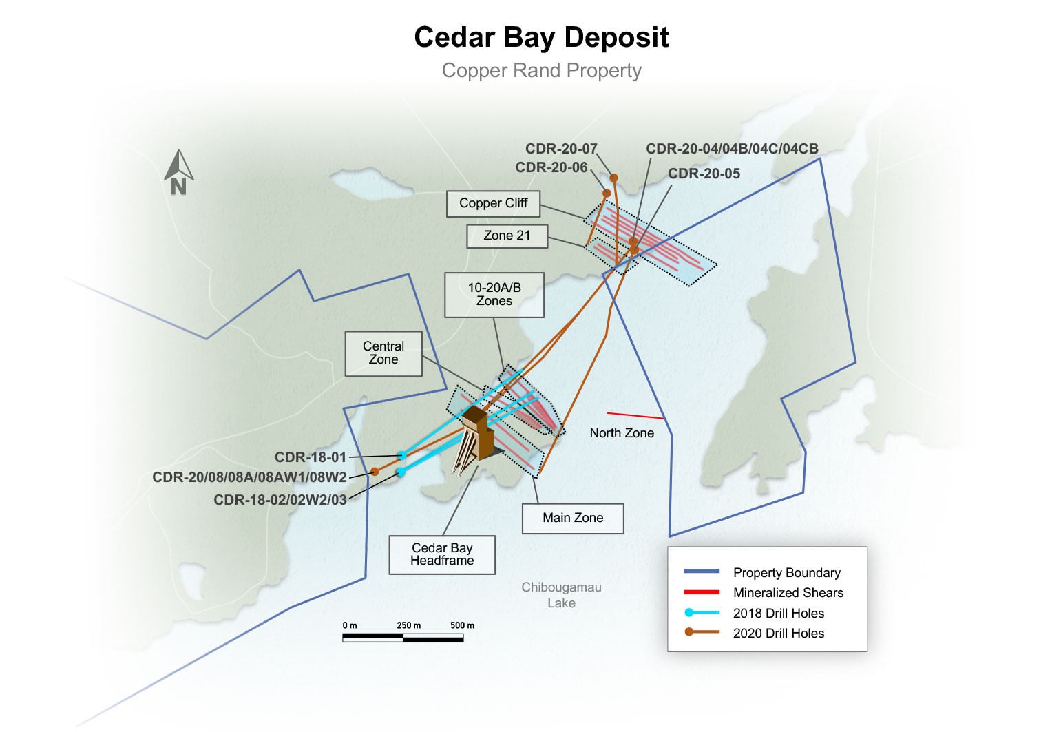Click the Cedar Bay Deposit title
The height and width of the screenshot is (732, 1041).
point(541,37)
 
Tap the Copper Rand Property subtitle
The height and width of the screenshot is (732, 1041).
point(541,70)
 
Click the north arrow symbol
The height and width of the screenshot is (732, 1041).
point(178,173)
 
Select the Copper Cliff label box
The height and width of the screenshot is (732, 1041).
point(493,203)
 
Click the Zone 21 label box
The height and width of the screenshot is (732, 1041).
point(507,236)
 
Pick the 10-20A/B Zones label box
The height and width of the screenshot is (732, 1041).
point(494,295)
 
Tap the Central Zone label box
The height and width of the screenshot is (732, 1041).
point(383,353)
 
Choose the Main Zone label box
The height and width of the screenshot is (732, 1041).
point(573,518)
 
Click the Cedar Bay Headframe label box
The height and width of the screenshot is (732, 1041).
point(442,554)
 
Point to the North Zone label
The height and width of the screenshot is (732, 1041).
point(622,433)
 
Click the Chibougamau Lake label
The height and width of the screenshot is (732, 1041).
point(561,595)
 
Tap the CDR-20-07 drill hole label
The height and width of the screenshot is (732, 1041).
point(561,149)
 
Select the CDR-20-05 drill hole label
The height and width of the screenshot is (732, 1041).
point(704,174)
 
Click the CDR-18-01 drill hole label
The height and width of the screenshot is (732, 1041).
point(311,457)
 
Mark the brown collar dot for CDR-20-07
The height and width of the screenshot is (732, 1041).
point(613,178)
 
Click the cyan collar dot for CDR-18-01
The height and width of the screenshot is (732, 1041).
point(401,455)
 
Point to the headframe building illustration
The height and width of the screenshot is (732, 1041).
point(475,441)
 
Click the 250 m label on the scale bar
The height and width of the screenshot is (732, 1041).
point(408,625)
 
